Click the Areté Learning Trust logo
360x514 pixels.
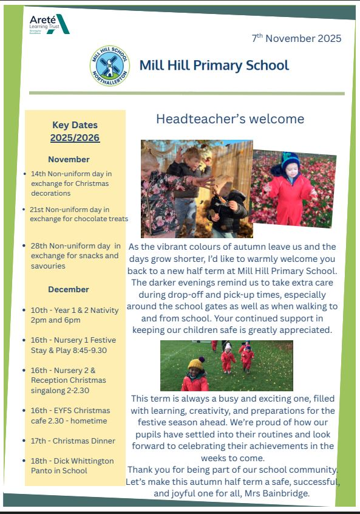click(x=49, y=24)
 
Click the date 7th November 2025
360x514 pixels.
click(x=296, y=38)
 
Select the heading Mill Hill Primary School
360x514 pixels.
click(x=214, y=65)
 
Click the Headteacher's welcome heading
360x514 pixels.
click(x=230, y=118)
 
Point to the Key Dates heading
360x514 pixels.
click(x=75, y=125)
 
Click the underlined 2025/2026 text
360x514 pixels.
click(x=75, y=138)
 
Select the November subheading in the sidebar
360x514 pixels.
click(x=69, y=159)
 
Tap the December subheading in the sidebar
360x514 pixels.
click(x=69, y=289)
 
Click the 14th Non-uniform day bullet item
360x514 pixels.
click(x=71, y=183)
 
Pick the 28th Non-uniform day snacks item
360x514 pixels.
click(x=75, y=255)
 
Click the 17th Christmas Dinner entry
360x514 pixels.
click(x=73, y=440)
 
